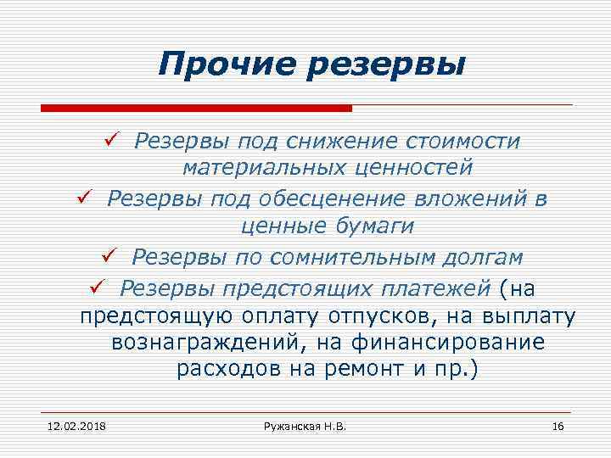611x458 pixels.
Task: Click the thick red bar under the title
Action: pos(196,108)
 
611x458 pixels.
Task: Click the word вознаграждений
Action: pos(211,343)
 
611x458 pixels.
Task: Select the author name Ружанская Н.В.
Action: pos(305,425)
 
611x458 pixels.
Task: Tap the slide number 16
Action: pos(557,425)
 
